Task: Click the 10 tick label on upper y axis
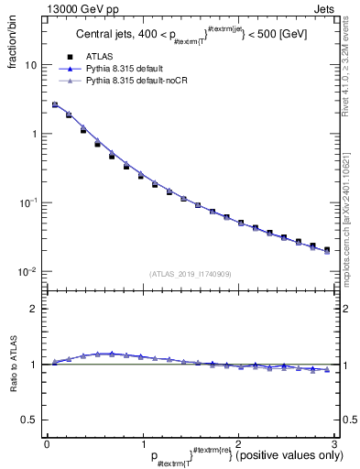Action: [x=30, y=66]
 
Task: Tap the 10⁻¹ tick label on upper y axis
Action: [x=28, y=202]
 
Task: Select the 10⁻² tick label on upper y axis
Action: [x=28, y=271]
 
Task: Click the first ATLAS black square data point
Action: [x=55, y=105]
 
